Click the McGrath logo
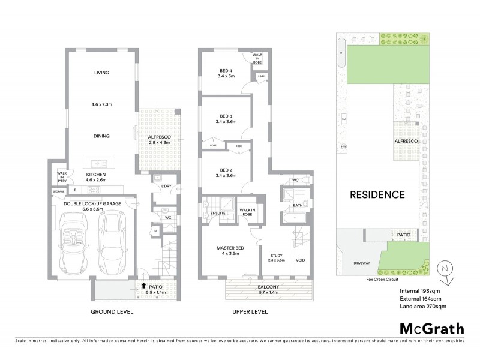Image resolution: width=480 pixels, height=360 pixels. coord(431,328)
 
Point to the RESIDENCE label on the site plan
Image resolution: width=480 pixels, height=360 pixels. coord(377,194)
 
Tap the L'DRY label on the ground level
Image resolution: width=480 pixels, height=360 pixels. coord(166,186)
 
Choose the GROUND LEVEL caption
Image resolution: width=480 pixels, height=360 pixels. coord(112,313)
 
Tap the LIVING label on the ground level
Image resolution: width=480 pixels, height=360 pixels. coord(100,73)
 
